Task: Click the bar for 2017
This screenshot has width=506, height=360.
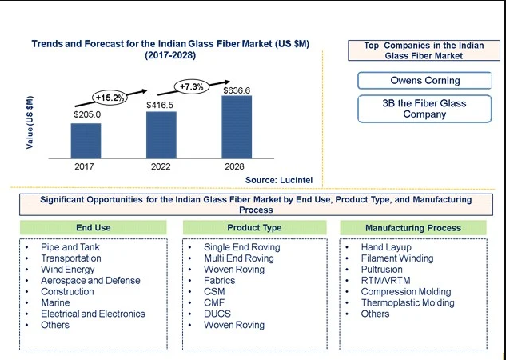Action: pyautogui.click(x=86, y=141)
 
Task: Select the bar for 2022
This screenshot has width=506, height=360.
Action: pyautogui.click(x=161, y=135)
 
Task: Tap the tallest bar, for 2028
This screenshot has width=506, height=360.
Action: pyautogui.click(x=237, y=127)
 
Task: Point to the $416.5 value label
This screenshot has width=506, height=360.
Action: pyautogui.click(x=160, y=106)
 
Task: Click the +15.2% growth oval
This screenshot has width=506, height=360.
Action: pyautogui.click(x=110, y=98)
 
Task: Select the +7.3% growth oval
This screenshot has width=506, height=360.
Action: pyautogui.click(x=192, y=87)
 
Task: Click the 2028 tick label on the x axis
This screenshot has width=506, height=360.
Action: pyautogui.click(x=234, y=166)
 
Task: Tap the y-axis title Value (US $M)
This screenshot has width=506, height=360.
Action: pyautogui.click(x=30, y=122)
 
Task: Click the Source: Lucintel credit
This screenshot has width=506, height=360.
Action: pyautogui.click(x=279, y=180)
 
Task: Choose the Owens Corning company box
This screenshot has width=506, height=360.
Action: pyautogui.click(x=424, y=80)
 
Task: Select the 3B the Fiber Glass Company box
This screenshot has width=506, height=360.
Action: pyautogui.click(x=424, y=109)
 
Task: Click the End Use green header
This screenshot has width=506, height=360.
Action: pyautogui.click(x=94, y=228)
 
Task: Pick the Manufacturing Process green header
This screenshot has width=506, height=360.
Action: pyautogui.click(x=413, y=228)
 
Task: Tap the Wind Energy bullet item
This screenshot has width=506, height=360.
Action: pyautogui.click(x=68, y=270)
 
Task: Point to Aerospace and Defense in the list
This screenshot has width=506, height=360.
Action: pyautogui.click(x=90, y=280)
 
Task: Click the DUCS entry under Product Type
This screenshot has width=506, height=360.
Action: pyautogui.click(x=217, y=314)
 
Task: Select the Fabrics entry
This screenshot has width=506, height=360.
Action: pyautogui.click(x=220, y=280)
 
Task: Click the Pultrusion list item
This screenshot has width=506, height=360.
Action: pyautogui.click(x=382, y=270)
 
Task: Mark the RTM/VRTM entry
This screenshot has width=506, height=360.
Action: pyautogui.click(x=385, y=280)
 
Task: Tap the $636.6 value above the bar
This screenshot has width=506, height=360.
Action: pyautogui.click(x=237, y=90)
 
